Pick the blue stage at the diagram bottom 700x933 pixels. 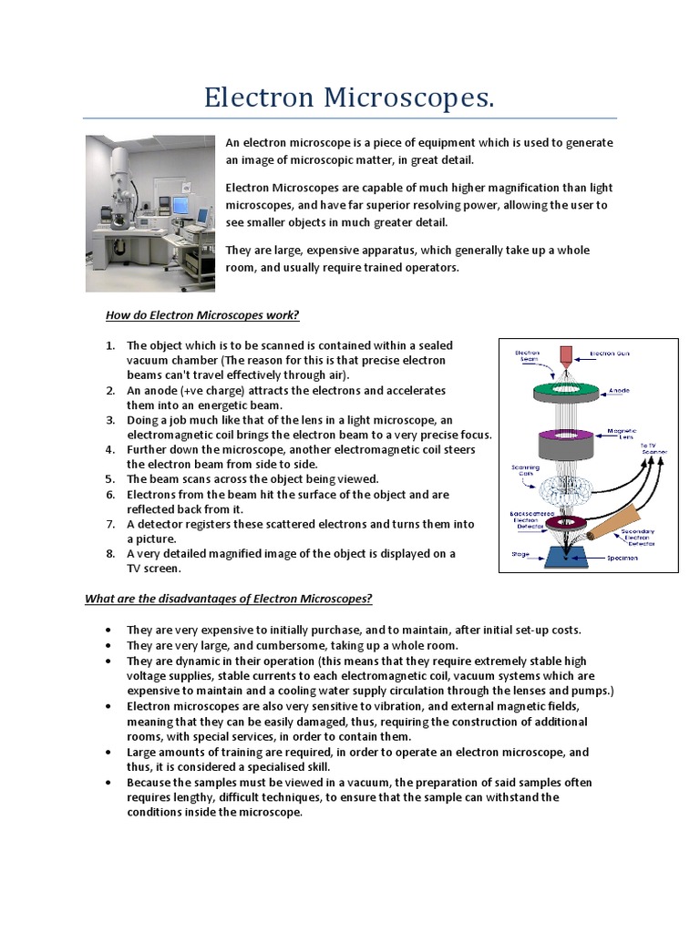point(567,555)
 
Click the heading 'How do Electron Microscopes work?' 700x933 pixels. point(202,315)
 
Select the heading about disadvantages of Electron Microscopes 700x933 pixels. point(229,599)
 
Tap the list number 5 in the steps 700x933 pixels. point(110,478)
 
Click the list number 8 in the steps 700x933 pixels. point(110,553)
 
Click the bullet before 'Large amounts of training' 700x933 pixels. point(108,753)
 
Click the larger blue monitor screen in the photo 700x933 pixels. point(180,205)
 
